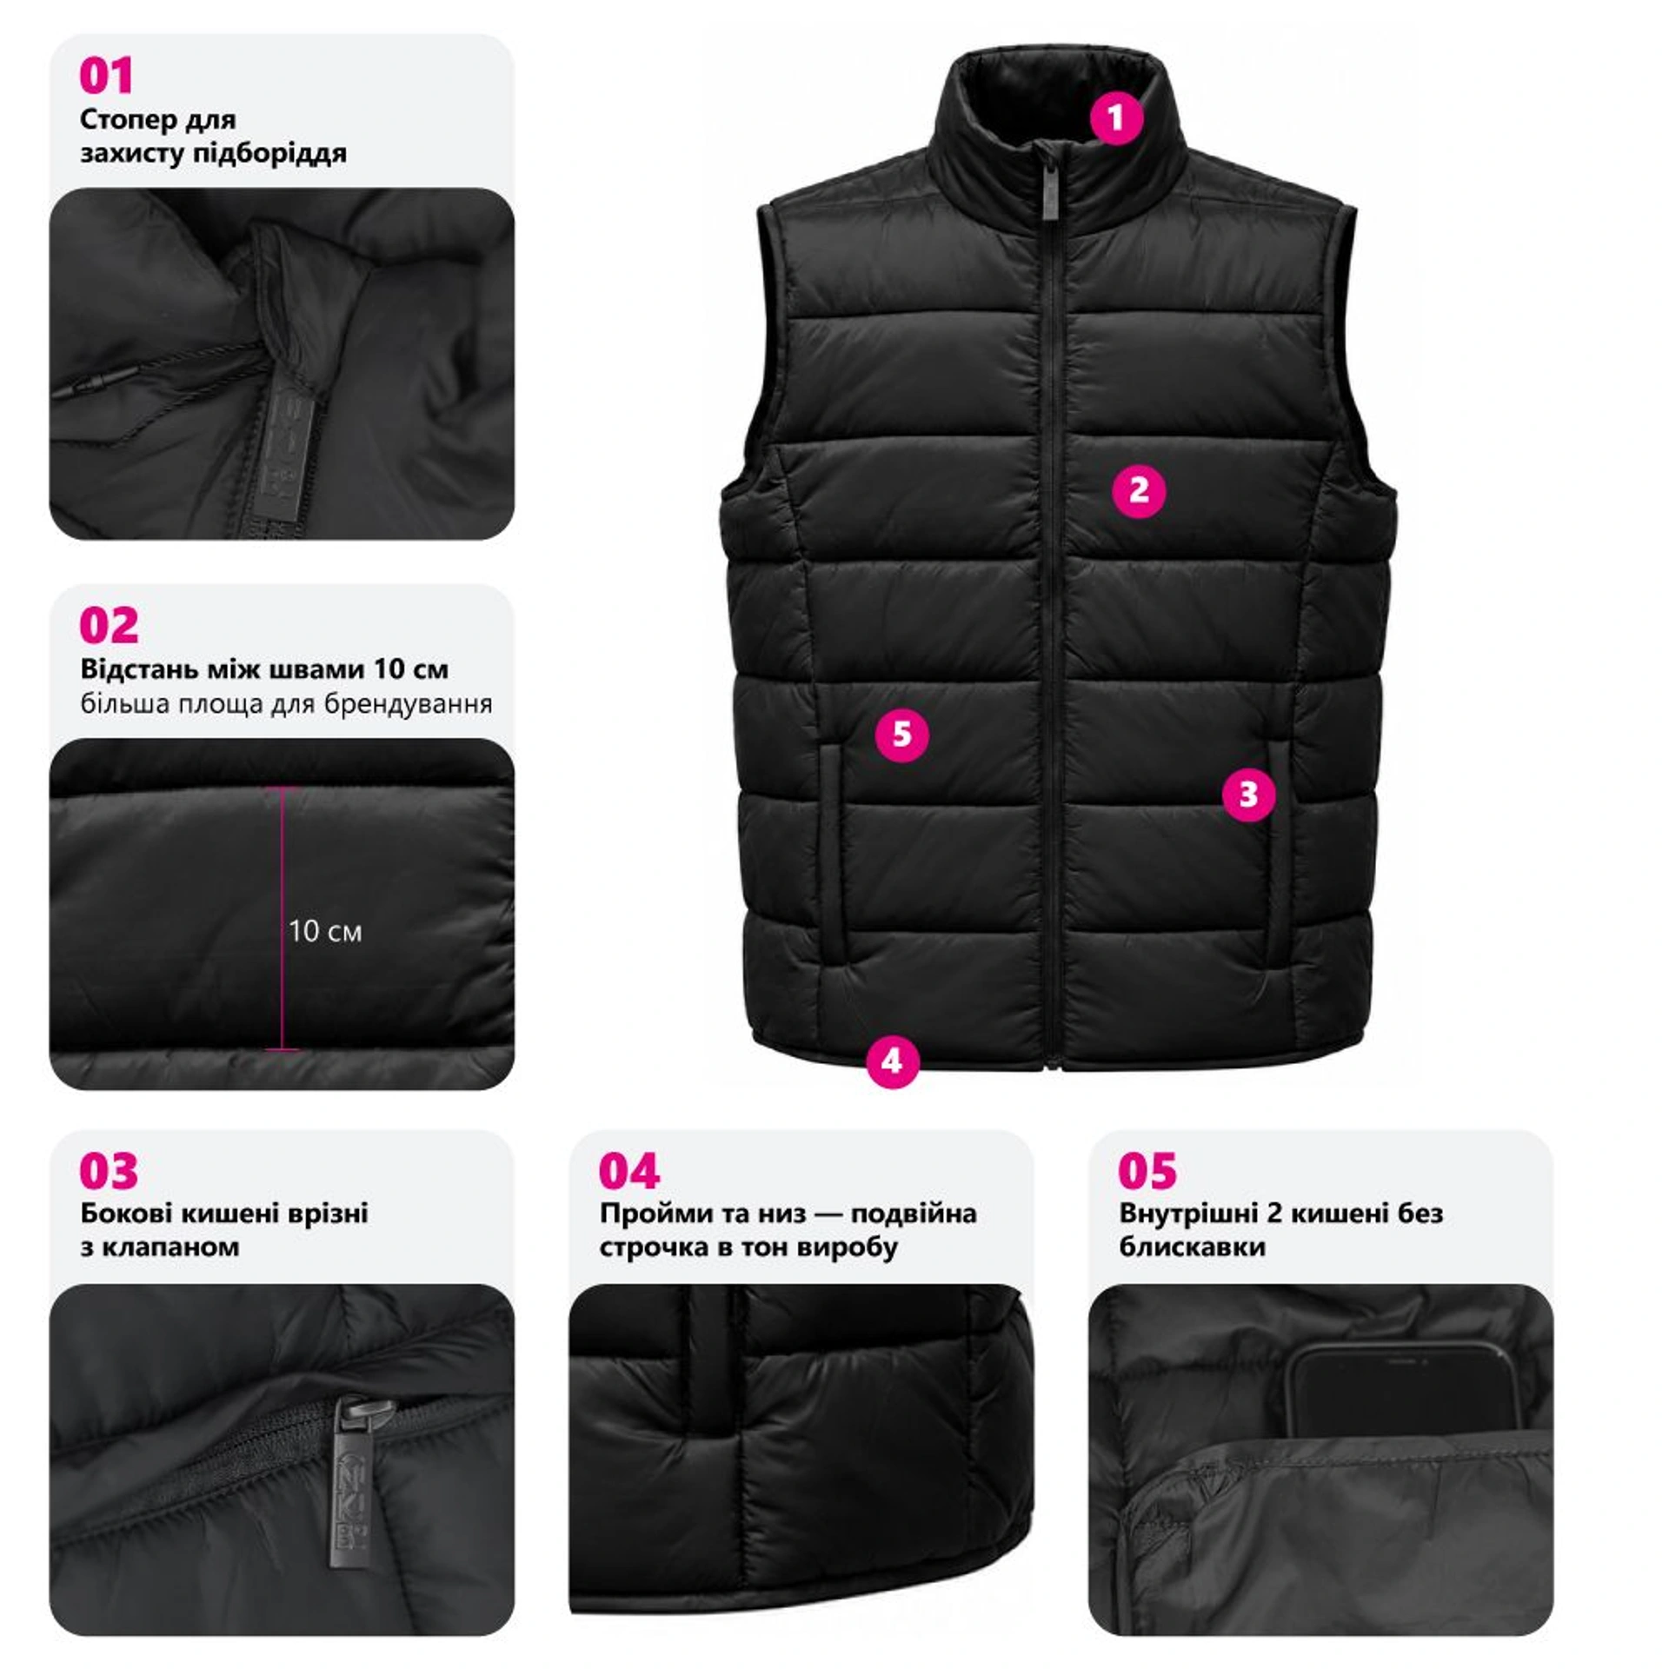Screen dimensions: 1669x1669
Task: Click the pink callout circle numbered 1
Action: tap(1116, 117)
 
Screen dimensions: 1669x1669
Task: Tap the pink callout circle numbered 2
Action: tap(1139, 491)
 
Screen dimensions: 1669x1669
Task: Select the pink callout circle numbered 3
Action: tap(1248, 794)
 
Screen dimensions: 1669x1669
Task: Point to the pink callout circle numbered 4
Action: tap(893, 1061)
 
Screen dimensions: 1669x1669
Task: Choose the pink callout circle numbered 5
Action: tap(902, 735)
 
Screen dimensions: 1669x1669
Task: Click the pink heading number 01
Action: tap(106, 76)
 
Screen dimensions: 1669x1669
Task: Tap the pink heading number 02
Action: tap(109, 626)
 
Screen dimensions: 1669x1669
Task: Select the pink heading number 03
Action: tap(109, 1171)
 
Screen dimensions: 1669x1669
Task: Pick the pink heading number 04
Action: tap(629, 1171)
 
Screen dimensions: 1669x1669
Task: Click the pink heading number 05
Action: tap(1147, 1171)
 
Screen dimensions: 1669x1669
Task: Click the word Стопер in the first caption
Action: tap(129, 120)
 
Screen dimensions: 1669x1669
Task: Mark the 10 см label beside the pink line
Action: tap(324, 932)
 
